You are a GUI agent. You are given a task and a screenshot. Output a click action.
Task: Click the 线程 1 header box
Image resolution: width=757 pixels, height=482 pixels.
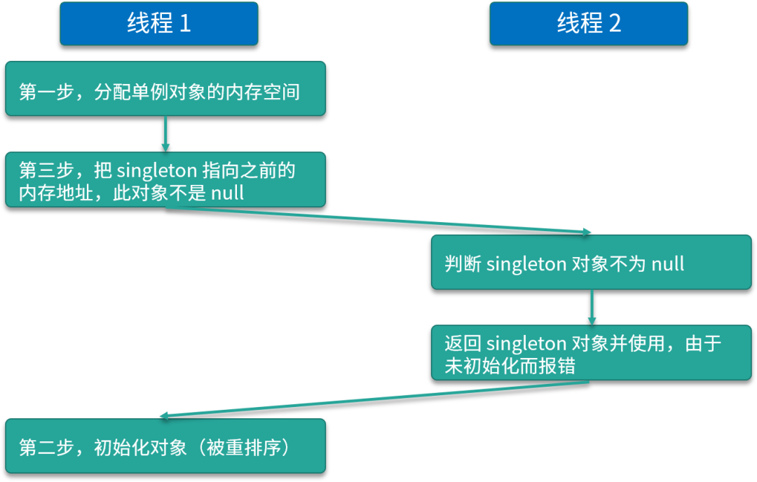pyautogui.click(x=158, y=24)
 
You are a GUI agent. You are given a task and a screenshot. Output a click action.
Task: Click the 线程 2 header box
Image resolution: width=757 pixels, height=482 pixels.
pyautogui.click(x=589, y=24)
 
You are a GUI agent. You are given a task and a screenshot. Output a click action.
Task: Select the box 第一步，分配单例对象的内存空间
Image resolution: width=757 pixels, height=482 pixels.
pyautogui.click(x=165, y=88)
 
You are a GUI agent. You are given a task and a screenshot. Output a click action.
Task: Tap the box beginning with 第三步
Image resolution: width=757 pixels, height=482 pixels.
pyautogui.click(x=165, y=179)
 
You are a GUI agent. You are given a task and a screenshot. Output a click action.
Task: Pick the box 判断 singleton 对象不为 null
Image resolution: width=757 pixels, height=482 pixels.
pyautogui.click(x=591, y=262)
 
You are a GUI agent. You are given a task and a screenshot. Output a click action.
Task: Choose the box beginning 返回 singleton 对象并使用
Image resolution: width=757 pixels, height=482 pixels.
pyautogui.click(x=591, y=352)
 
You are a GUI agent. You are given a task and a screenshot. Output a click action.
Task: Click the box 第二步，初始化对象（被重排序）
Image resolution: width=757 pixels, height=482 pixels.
pyautogui.click(x=165, y=446)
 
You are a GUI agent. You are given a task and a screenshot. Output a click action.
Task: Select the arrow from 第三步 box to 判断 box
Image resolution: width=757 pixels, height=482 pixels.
pyautogui.click(x=378, y=221)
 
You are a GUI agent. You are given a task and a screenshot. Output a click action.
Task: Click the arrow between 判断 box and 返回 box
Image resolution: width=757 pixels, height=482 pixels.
pyautogui.click(x=592, y=307)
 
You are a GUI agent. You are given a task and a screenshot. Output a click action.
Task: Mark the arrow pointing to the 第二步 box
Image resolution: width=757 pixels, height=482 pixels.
pyautogui.click(x=375, y=399)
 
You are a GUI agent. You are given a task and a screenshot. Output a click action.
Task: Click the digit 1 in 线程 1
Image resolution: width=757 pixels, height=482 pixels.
pyautogui.click(x=185, y=24)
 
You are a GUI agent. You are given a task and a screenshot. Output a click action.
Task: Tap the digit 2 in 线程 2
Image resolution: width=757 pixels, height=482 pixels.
pyautogui.click(x=615, y=24)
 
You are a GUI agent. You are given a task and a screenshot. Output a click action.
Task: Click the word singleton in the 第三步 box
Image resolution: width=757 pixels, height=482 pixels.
pyautogui.click(x=157, y=170)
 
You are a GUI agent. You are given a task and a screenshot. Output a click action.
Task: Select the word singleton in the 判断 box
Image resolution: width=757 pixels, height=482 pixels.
pyautogui.click(x=526, y=263)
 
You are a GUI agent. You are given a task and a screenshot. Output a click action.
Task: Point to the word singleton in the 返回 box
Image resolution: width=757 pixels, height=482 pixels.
pyautogui.click(x=526, y=343)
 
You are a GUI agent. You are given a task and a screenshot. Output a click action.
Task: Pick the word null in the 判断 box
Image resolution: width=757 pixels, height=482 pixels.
pyautogui.click(x=668, y=263)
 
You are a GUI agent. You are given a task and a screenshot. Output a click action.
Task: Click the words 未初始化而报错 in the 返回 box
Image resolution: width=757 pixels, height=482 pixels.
pyautogui.click(x=510, y=366)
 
